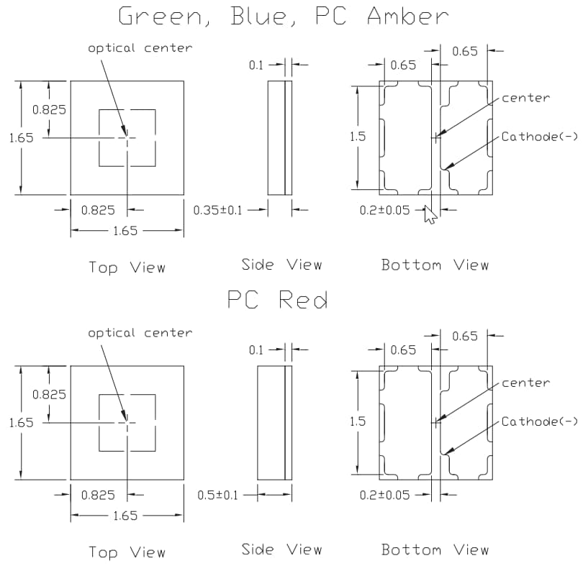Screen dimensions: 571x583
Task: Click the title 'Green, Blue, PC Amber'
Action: click(283, 16)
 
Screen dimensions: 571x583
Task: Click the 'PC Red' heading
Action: click(277, 299)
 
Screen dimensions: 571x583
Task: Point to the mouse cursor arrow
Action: click(430, 214)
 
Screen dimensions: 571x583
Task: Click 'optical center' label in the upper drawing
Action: click(140, 48)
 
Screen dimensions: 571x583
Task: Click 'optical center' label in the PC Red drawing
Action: click(140, 333)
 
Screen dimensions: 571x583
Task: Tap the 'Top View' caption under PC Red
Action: click(127, 552)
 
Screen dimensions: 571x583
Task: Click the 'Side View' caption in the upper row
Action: click(281, 265)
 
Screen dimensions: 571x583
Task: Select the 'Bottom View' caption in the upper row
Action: click(435, 265)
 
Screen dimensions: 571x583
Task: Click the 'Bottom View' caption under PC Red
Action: click(435, 550)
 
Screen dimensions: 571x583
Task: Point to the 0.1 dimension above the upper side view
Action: click(256, 65)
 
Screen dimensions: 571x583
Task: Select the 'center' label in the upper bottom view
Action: click(525, 98)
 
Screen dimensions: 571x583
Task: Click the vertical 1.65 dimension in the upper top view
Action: click(21, 137)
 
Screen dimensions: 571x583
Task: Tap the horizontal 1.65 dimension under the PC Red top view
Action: click(127, 516)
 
